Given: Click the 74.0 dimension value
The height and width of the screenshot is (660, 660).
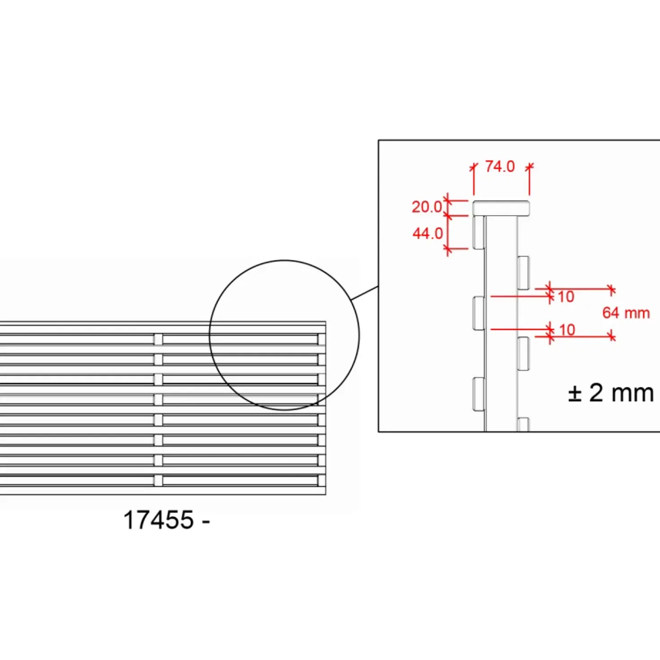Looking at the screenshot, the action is tap(500, 167).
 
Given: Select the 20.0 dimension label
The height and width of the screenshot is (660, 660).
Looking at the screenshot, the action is tap(427, 207).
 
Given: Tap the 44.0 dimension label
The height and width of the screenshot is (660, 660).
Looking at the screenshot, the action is tap(427, 234).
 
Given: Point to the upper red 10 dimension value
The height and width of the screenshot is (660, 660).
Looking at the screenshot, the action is tap(566, 297).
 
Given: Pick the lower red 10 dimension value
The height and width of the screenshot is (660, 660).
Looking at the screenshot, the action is tap(567, 330).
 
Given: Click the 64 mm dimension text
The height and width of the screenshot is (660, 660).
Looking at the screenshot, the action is tap(626, 313).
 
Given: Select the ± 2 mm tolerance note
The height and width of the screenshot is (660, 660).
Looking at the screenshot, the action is tap(611, 393).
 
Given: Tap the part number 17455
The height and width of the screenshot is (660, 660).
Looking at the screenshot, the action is tap(158, 520).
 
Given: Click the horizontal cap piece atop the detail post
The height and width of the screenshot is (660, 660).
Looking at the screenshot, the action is tap(501, 208).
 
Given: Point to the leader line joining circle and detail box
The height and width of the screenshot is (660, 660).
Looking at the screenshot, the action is tap(365, 293).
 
